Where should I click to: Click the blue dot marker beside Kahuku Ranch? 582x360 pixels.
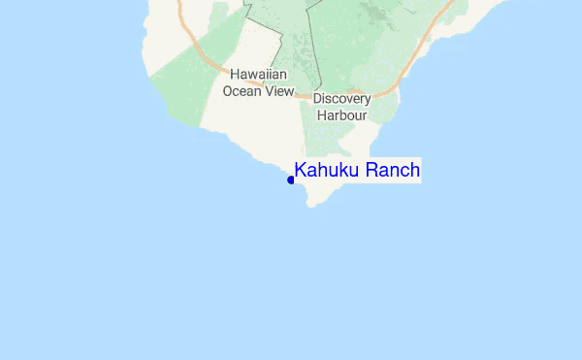click(x=291, y=180)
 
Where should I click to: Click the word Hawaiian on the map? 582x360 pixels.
click(x=257, y=74)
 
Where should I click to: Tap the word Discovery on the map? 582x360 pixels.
click(x=341, y=99)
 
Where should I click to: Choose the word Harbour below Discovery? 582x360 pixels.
click(x=341, y=115)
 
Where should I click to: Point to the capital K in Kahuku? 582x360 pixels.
click(x=301, y=171)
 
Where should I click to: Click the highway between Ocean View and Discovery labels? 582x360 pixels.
click(x=303, y=96)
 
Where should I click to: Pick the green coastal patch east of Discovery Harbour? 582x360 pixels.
click(x=388, y=112)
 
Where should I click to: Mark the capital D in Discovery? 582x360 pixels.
click(x=317, y=99)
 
